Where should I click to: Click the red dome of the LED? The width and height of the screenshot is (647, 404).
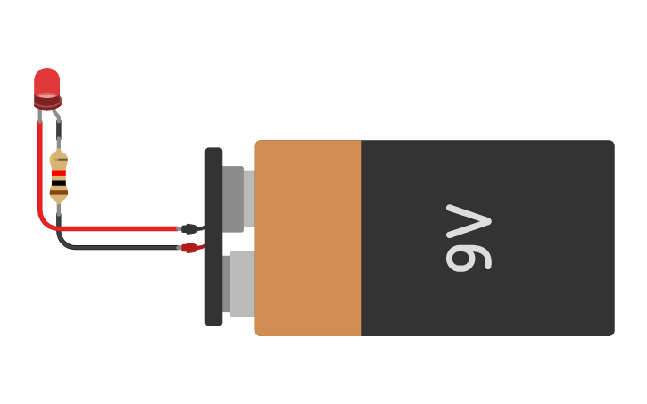coord(47,83)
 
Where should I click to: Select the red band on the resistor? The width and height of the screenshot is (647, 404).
coord(59,173)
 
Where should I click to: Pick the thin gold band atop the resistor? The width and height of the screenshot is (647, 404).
coord(59,159)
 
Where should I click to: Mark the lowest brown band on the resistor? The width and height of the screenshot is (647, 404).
coord(59,192)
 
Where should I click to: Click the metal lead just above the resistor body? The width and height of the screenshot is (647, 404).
coord(59,140)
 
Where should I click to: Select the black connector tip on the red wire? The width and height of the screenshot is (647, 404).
coord(189,229)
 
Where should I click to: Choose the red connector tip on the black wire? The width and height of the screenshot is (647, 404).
coord(189,248)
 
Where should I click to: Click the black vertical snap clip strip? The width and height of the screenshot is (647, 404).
coord(213,236)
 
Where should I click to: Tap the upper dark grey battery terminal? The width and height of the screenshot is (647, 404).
coord(233,199)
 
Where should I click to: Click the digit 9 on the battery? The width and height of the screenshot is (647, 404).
coord(468,256)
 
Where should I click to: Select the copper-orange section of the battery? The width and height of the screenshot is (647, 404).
coord(308,237)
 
